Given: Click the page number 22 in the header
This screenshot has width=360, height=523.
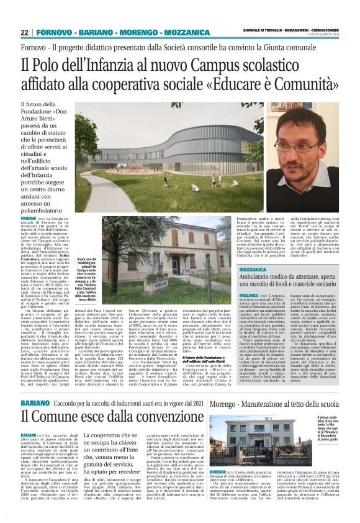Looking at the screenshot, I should [x=24, y=32].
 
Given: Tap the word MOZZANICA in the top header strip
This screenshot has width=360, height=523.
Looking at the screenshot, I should [x=171, y=32].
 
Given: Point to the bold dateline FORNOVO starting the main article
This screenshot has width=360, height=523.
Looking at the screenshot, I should [x=29, y=219].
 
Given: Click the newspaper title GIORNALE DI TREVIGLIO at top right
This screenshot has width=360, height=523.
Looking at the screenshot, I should [x=263, y=32].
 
